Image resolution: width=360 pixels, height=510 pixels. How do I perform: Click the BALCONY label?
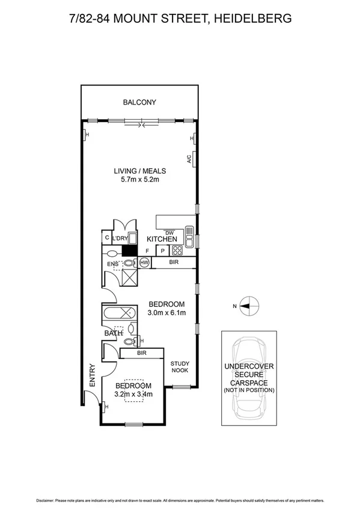pos(139,102)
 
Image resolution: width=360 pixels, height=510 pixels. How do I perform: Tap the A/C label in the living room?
pos(188,161)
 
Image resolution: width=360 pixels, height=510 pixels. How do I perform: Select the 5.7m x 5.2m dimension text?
pos(139,179)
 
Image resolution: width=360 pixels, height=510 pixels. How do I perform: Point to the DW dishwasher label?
pos(169,232)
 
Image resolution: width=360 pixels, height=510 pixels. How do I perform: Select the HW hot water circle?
pos(144,263)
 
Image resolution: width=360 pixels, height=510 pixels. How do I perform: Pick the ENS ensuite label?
pos(113,263)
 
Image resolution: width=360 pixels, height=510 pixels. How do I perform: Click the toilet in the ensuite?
pos(128,263)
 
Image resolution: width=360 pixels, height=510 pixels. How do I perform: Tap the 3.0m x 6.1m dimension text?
pos(166,312)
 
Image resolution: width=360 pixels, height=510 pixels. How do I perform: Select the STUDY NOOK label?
pos(180,367)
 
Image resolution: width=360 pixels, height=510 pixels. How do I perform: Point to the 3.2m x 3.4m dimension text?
pos(134,395)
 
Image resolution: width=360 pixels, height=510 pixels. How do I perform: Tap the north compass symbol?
pos(248,306)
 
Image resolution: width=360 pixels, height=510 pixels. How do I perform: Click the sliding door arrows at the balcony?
pos(141,125)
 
